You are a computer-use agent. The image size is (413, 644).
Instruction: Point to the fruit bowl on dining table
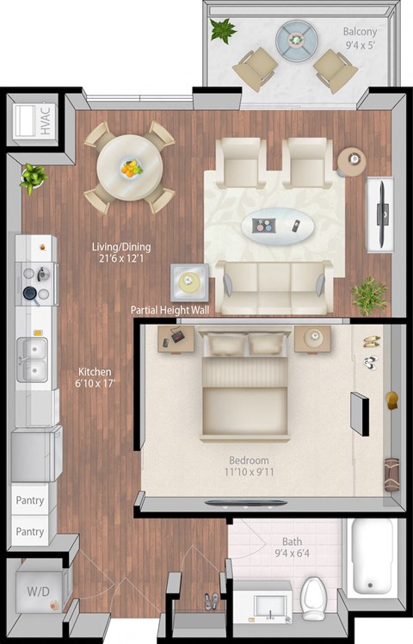tap(131, 169)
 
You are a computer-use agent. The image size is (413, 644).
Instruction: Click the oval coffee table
tap(276, 226)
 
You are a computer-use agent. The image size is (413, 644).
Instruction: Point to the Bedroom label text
tap(249, 461)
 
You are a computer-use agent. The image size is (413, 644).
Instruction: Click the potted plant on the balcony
tap(223, 31)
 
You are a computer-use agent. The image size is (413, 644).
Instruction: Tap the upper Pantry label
tap(30, 500)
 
